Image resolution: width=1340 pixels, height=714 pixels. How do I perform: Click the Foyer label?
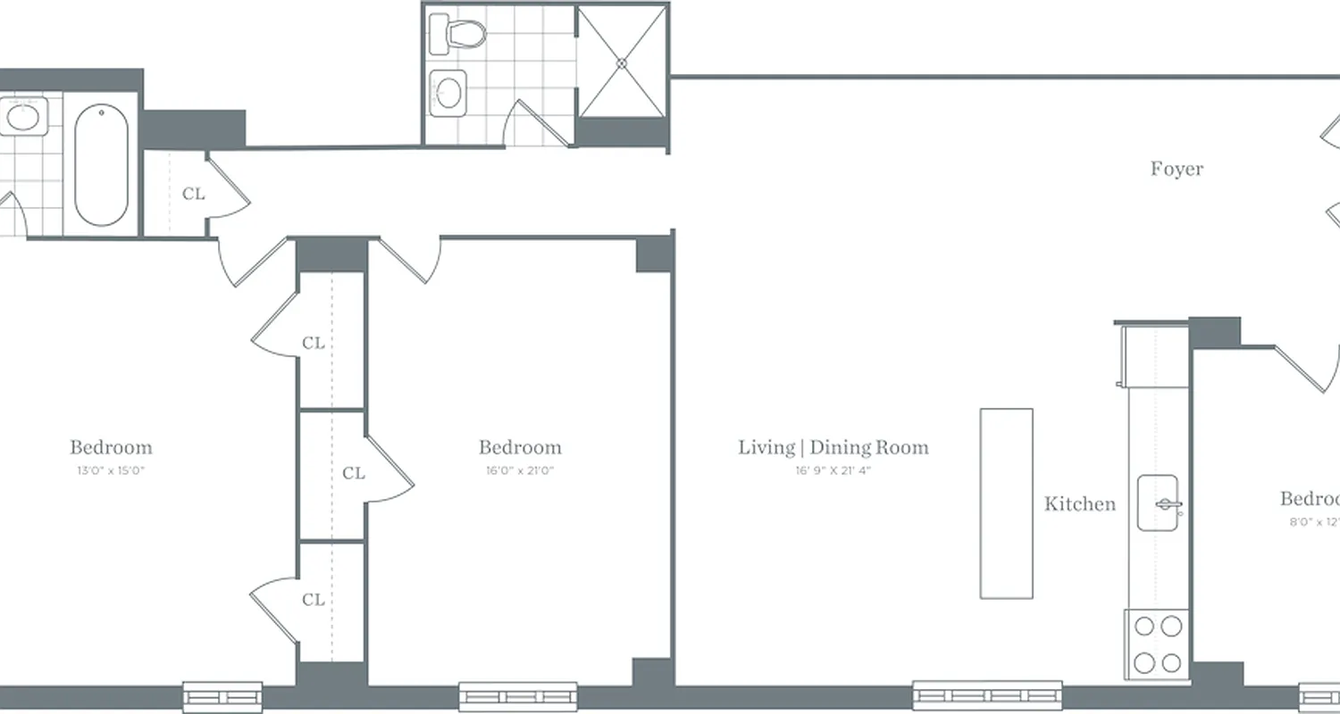point(1177,169)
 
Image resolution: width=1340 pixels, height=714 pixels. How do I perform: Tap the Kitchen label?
point(1080,504)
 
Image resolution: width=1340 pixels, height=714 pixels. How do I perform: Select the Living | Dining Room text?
point(833,447)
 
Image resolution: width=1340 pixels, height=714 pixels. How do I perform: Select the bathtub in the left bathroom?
point(101,165)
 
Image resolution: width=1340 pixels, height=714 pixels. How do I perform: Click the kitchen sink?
point(1159,504)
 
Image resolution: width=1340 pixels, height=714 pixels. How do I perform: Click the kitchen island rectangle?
point(1007,503)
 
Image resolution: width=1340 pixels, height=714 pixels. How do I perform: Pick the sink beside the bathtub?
point(22,117)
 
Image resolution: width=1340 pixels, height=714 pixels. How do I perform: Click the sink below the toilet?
point(448,91)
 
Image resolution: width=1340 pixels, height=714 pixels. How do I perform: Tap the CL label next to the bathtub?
point(193,194)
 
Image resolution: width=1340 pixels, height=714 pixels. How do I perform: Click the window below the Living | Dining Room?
point(986,694)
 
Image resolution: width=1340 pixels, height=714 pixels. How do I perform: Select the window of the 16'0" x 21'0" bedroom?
point(518,696)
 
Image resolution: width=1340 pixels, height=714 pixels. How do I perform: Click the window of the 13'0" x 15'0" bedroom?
point(222,695)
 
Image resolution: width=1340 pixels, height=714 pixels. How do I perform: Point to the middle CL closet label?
point(354,473)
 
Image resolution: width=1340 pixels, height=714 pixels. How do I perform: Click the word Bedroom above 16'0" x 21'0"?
point(520,447)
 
